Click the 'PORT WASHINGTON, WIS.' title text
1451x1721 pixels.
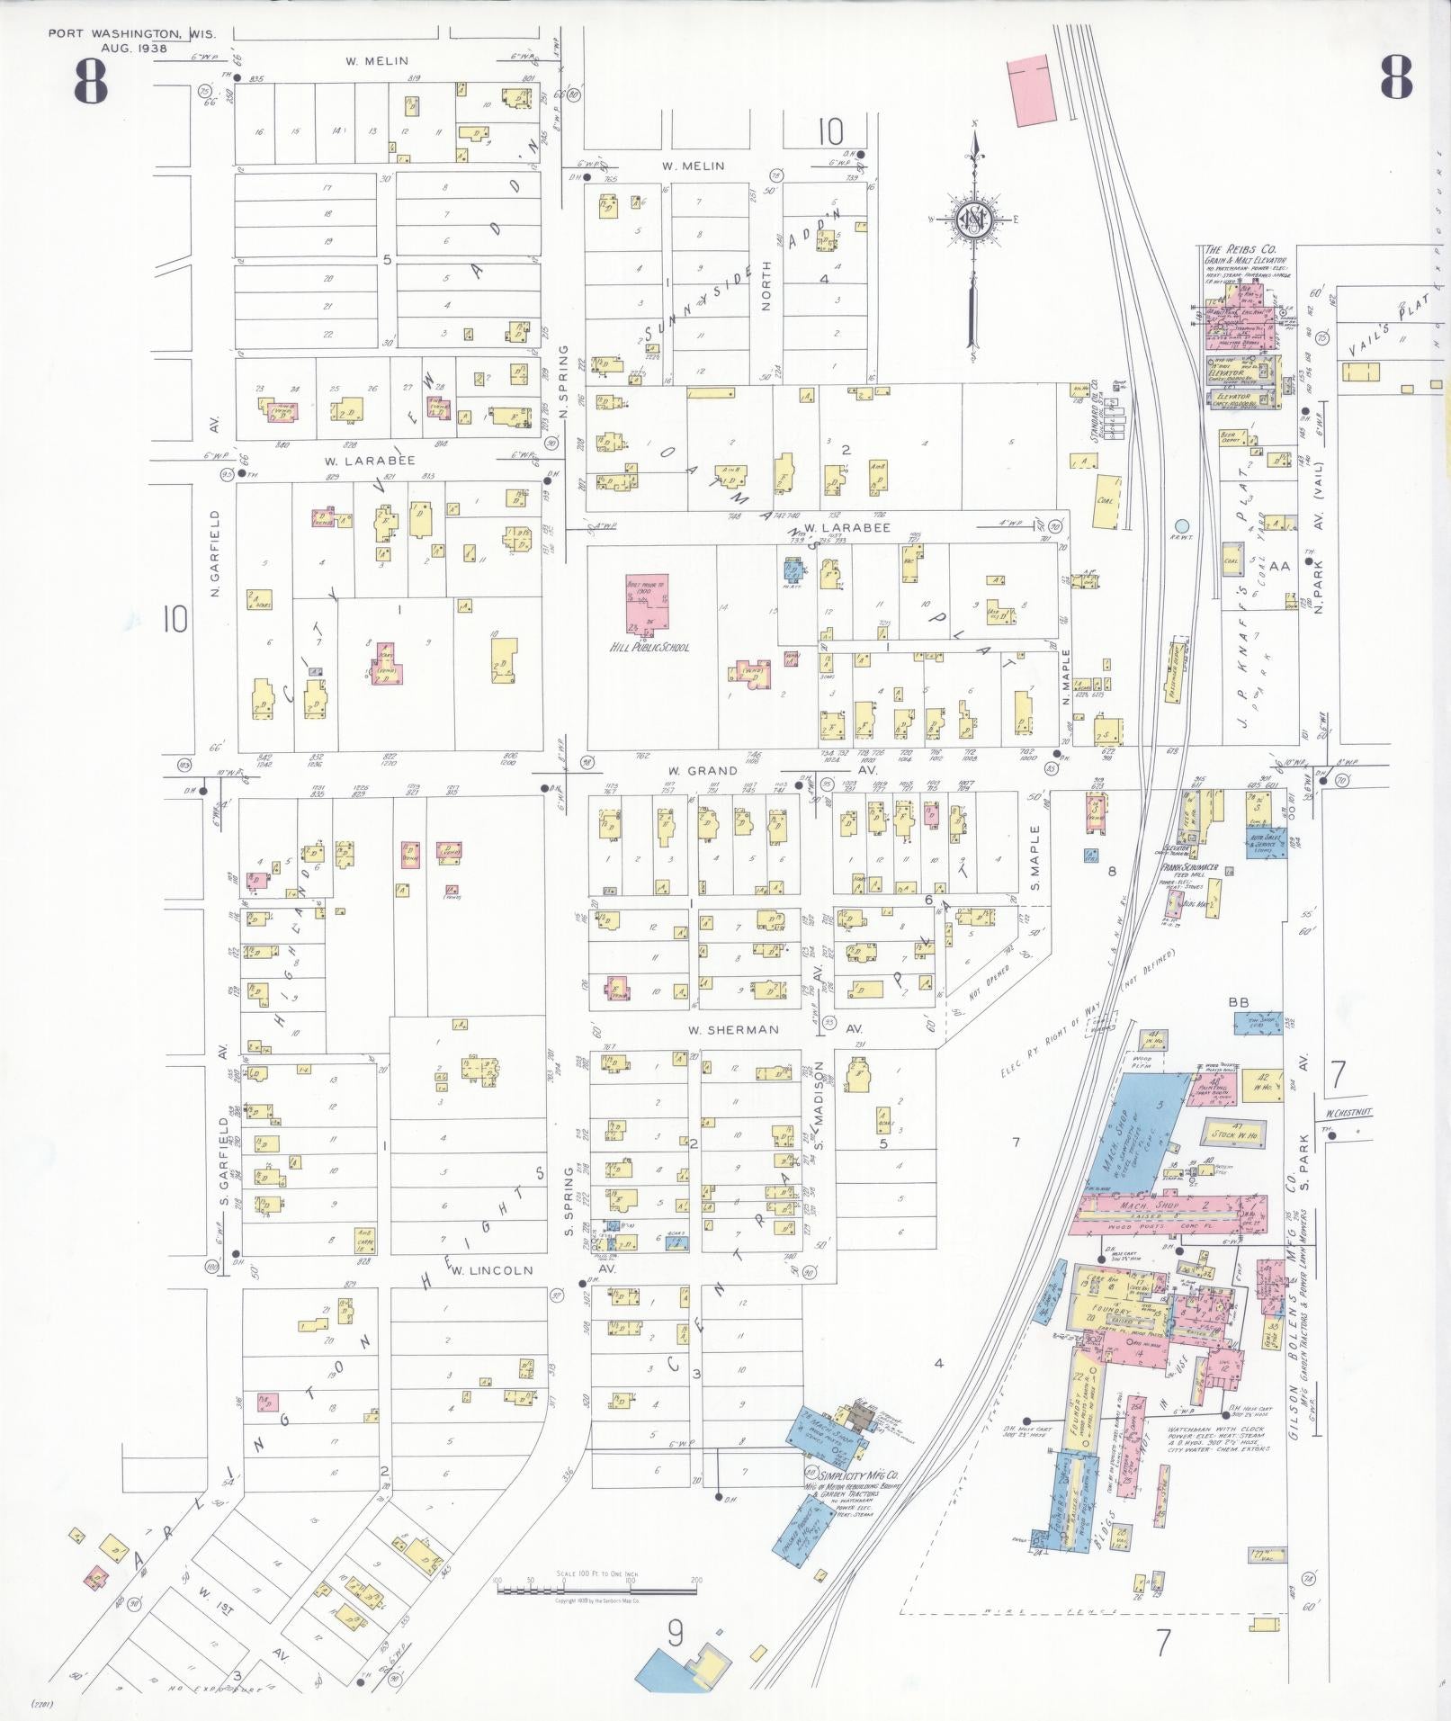pos(118,33)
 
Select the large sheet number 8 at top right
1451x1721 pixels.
pos(1395,78)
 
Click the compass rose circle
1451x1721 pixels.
pos(973,219)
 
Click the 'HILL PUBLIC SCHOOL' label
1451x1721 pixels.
pos(649,647)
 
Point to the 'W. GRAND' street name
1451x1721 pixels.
pos(703,771)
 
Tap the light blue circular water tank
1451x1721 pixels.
pos(1181,525)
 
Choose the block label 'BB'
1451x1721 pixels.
pos(1239,1002)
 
